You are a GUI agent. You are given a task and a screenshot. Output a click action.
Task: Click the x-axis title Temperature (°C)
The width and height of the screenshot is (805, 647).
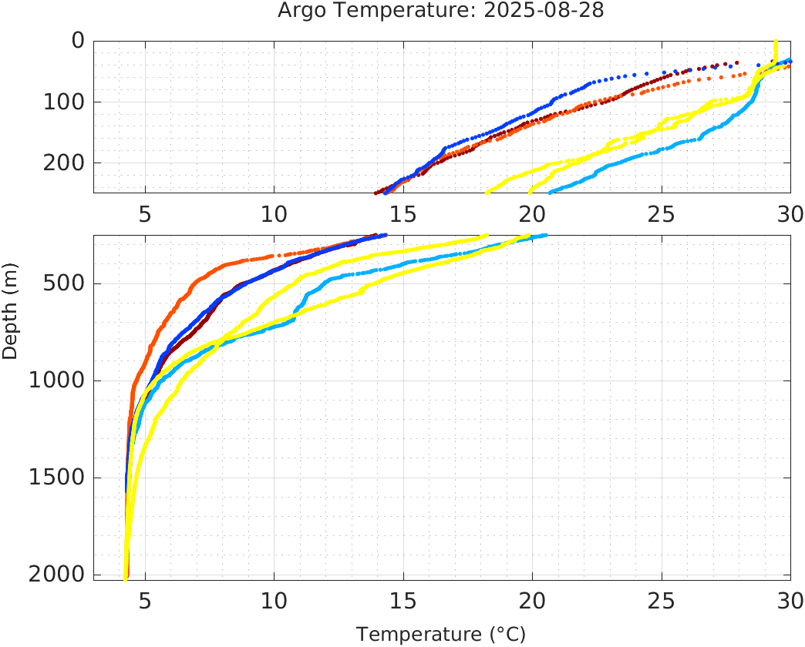click(440, 635)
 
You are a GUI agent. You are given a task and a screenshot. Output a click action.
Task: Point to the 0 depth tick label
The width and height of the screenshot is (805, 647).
click(78, 41)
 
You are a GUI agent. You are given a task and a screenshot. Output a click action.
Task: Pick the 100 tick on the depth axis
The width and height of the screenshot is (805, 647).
click(63, 102)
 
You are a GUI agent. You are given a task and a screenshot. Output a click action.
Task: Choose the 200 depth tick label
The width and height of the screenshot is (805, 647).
click(63, 163)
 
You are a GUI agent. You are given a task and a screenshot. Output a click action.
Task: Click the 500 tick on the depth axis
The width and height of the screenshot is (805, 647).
click(63, 284)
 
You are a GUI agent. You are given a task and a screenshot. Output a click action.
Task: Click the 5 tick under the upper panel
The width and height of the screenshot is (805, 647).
click(145, 213)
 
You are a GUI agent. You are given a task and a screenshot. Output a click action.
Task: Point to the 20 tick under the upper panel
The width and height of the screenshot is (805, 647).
click(532, 213)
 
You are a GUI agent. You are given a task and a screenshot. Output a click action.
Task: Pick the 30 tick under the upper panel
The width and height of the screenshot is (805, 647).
click(790, 213)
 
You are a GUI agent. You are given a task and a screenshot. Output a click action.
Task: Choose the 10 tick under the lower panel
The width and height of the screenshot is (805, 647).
click(274, 600)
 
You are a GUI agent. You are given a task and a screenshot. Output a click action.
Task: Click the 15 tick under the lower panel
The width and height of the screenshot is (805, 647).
click(403, 600)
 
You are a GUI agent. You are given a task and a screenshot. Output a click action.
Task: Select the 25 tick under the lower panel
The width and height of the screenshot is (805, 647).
click(661, 600)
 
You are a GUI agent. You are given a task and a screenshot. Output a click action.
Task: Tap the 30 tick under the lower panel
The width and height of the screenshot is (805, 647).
click(790, 600)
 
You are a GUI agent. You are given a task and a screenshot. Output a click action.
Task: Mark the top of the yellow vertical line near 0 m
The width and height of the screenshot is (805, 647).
click(776, 42)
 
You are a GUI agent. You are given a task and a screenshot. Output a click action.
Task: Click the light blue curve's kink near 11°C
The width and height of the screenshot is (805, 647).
click(295, 315)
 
